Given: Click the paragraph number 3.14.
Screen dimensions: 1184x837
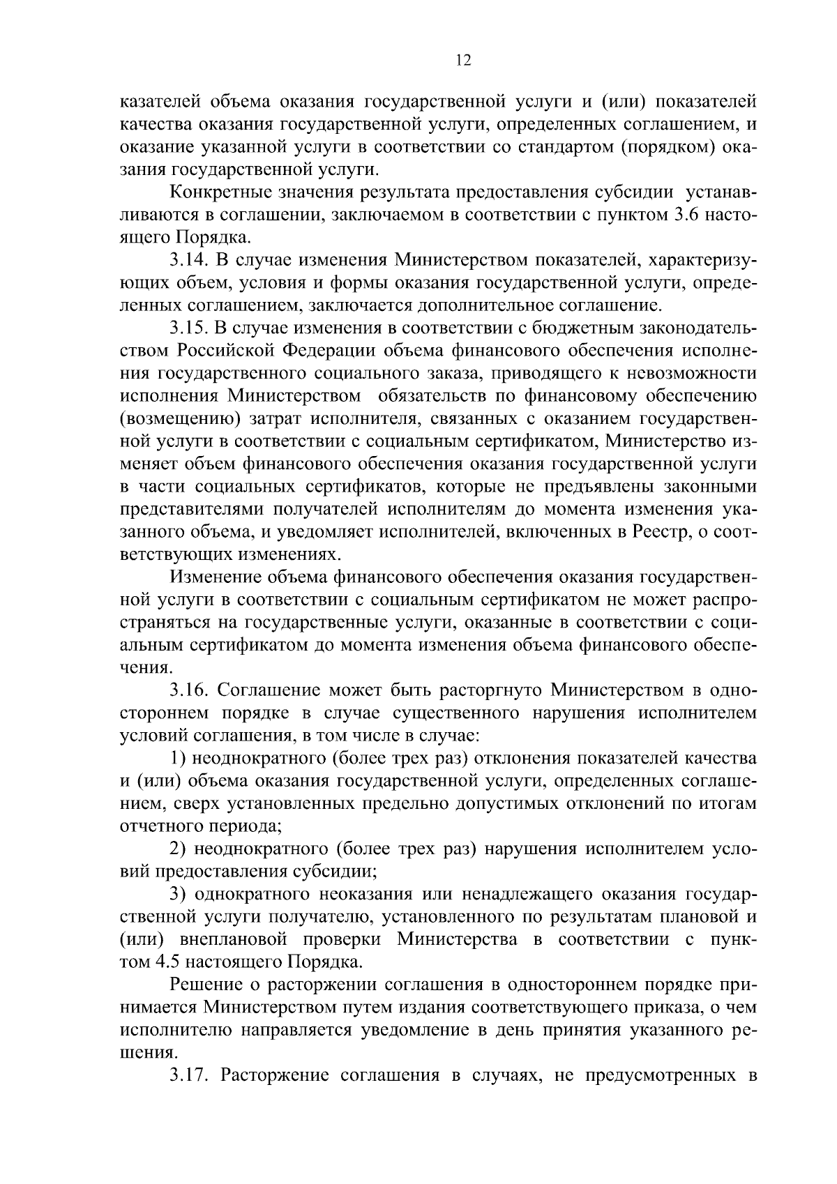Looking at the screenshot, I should click(x=189, y=261).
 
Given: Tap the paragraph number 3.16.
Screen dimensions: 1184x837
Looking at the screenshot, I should click(x=189, y=690).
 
